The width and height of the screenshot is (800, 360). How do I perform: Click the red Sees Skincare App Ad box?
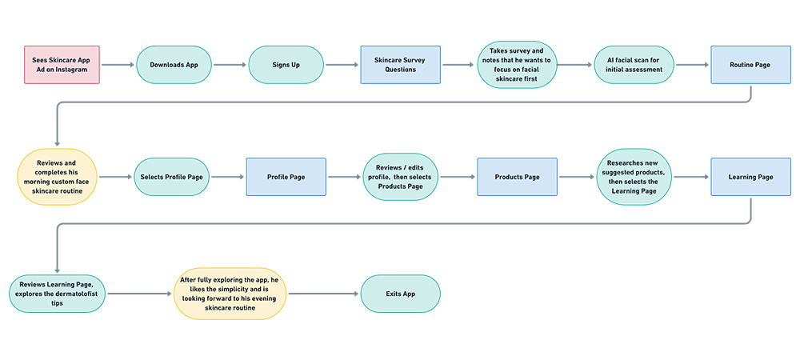[62, 65]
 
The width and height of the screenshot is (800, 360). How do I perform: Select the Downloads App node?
[175, 65]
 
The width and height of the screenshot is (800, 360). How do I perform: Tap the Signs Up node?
[286, 65]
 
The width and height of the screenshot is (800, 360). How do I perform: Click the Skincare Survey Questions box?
[400, 65]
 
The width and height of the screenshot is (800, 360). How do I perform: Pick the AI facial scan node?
[634, 65]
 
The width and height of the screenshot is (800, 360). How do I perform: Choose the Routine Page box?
[750, 65]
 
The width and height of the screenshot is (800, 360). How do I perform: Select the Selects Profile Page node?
[170, 177]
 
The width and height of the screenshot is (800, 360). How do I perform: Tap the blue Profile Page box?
[286, 177]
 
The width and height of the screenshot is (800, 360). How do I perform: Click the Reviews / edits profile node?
[400, 177]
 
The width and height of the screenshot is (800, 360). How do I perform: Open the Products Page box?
[517, 177]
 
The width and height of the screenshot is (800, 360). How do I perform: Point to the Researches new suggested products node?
[634, 177]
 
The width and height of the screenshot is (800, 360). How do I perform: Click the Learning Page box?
[750, 177]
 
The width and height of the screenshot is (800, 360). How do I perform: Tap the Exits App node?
[399, 294]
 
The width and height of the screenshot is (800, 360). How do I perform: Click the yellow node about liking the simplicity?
[230, 294]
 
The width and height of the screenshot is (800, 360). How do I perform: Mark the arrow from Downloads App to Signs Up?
[230, 65]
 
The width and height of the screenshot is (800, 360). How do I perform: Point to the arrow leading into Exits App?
[323, 294]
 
